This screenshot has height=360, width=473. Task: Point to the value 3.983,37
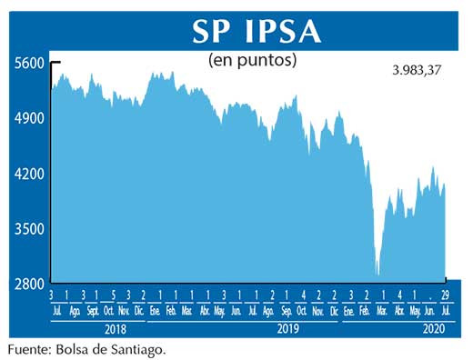(x=410, y=70)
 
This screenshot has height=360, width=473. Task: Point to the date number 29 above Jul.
(x=446, y=295)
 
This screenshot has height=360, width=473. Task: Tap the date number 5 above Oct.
(x=112, y=295)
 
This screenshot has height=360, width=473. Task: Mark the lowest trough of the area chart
(x=377, y=274)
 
